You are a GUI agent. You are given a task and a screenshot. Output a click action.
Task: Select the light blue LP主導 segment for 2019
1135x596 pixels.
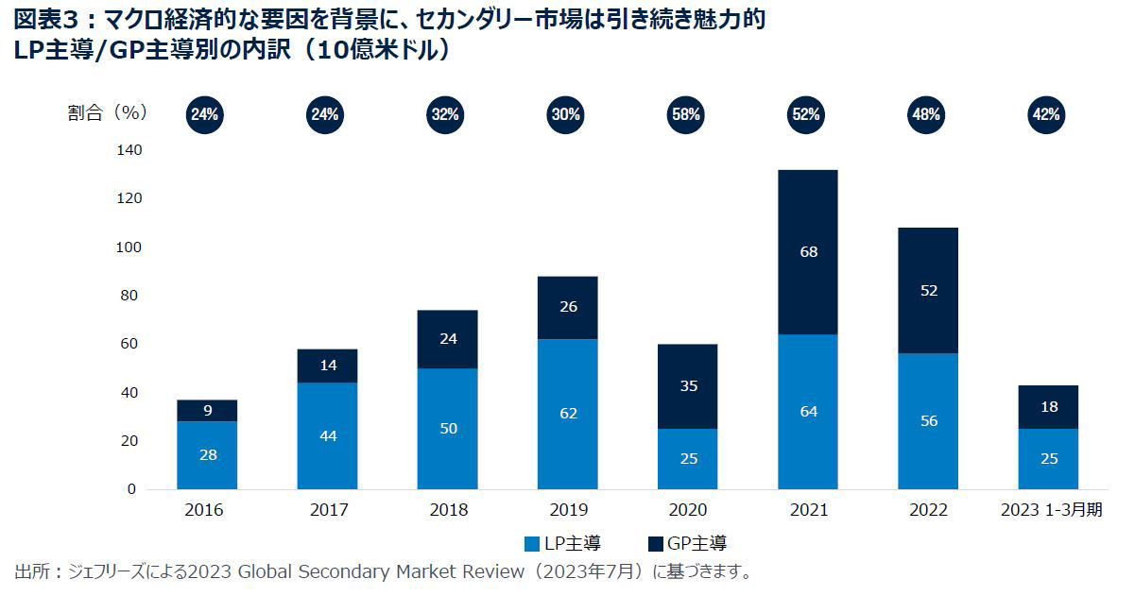point(567,414)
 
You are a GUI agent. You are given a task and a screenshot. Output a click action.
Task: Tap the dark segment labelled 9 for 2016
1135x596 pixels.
point(207,411)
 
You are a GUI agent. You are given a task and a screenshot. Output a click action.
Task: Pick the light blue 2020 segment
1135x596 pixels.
point(687,459)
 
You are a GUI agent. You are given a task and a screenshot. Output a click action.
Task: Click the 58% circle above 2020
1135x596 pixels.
point(687,114)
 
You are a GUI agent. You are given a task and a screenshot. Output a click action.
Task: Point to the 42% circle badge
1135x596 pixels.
point(1047,114)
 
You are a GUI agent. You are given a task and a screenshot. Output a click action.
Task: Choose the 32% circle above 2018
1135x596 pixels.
point(446,114)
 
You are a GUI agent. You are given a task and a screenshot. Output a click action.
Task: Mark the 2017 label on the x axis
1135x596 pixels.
point(327,511)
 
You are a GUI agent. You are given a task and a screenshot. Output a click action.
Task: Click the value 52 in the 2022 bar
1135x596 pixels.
point(928,291)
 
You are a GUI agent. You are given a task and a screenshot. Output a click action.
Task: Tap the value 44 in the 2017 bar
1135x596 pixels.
point(327,435)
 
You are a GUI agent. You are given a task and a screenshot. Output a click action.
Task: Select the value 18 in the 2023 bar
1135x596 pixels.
point(1047,407)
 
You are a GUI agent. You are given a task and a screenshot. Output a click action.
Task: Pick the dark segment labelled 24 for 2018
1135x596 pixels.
point(447,338)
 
